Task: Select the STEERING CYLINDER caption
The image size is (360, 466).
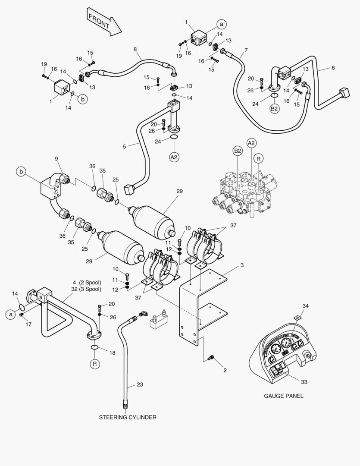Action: pyautogui.click(x=127, y=417)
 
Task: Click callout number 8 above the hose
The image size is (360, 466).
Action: pyautogui.click(x=135, y=50)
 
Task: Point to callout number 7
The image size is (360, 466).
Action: pyautogui.click(x=246, y=50)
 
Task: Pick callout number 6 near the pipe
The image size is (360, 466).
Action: pyautogui.click(x=333, y=68)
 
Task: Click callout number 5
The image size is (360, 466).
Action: pyautogui.click(x=125, y=146)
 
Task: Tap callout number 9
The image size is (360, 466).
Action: pyautogui.click(x=56, y=158)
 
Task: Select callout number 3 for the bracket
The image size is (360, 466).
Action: pyautogui.click(x=242, y=264)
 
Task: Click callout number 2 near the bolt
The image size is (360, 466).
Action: pyautogui.click(x=225, y=370)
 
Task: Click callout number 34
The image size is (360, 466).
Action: pyautogui.click(x=306, y=306)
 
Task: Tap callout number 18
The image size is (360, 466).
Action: pyautogui.click(x=113, y=353)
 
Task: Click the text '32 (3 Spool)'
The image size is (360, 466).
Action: pyautogui.click(x=86, y=289)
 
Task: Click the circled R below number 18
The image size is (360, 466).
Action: pyautogui.click(x=95, y=364)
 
